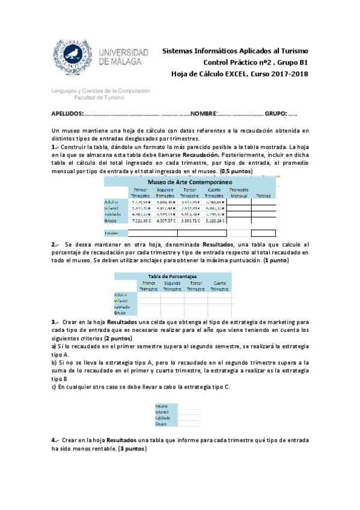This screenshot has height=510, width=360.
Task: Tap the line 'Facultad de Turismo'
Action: (x=99, y=97)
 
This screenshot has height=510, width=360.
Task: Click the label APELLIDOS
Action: (x=67, y=114)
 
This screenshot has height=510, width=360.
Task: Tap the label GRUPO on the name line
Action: (x=276, y=114)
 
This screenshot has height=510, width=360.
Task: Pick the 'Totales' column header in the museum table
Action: (x=263, y=195)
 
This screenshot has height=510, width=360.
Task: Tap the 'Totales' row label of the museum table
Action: (x=112, y=233)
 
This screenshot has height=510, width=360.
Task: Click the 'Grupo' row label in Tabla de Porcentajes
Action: (x=120, y=312)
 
